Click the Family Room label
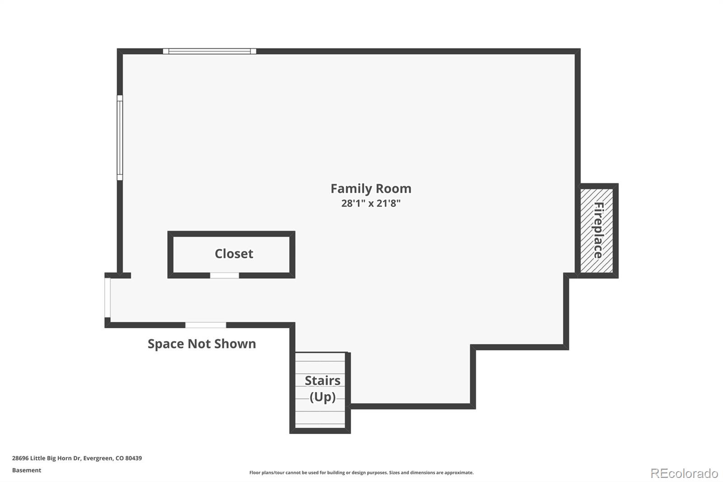pyautogui.click(x=371, y=189)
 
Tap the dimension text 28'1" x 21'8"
pyautogui.click(x=371, y=203)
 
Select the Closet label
pyautogui.click(x=234, y=254)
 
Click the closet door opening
pyautogui.click(x=225, y=275)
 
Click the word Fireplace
pyautogui.click(x=598, y=231)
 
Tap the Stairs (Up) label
pyautogui.click(x=322, y=388)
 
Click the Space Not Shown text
pyautogui.click(x=202, y=344)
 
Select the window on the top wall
pyautogui.click(x=209, y=51)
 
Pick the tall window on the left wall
pyautogui.click(x=120, y=137)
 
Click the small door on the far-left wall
pyautogui.click(x=108, y=298)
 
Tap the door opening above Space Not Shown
pyautogui.click(x=206, y=325)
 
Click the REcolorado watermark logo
pyautogui.click(x=684, y=473)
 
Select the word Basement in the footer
pyautogui.click(x=27, y=470)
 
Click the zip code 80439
pyautogui.click(x=134, y=458)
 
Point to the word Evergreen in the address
pyautogui.click(x=98, y=458)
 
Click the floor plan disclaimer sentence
pyautogui.click(x=361, y=473)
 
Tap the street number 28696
pyautogui.click(x=20, y=458)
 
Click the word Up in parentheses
pyautogui.click(x=323, y=397)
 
